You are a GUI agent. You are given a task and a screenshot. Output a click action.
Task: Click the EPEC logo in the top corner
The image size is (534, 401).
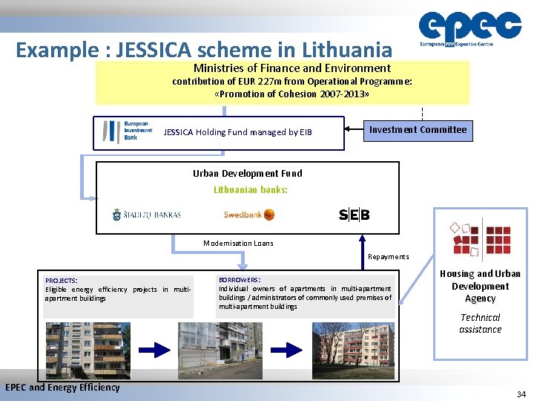pyautogui.click(x=469, y=30)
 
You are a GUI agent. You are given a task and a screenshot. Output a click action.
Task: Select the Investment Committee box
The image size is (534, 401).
pyautogui.click(x=418, y=130)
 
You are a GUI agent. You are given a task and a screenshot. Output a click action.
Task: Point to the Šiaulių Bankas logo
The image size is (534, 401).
pyautogui.click(x=147, y=215)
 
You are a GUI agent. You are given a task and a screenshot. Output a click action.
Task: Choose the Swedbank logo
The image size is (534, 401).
pyautogui.click(x=249, y=215)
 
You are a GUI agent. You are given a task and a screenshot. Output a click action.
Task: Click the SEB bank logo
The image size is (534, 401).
pyautogui.click(x=354, y=215)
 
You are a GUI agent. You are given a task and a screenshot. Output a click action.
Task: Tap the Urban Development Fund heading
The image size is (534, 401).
pyautogui.click(x=248, y=173)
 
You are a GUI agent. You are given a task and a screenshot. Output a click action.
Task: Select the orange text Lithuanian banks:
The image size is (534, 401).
pyautogui.click(x=251, y=189)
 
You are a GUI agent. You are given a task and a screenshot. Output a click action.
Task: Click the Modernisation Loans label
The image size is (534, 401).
pyautogui.click(x=238, y=243)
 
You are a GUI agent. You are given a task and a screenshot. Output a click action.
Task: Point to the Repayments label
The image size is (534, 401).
pyautogui.click(x=389, y=257)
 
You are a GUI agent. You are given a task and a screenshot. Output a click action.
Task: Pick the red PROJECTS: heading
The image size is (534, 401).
pyautogui.click(x=61, y=281)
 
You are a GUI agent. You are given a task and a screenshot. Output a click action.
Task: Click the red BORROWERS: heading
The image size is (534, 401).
pyautogui.click(x=240, y=279)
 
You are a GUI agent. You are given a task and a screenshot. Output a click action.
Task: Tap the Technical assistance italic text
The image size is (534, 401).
pyautogui.click(x=480, y=323)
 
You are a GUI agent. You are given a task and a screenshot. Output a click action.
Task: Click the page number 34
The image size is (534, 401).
pyautogui.click(x=521, y=394)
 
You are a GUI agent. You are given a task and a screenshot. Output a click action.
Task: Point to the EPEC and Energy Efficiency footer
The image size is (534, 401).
pyautogui.click(x=62, y=387)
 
